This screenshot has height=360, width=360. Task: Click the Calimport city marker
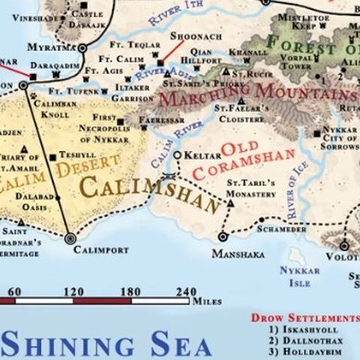tap(70, 238)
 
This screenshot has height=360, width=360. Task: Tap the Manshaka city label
tap(238, 254)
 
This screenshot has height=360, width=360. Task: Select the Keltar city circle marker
tap(176, 155)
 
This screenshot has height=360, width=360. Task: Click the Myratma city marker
tap(82, 48)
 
